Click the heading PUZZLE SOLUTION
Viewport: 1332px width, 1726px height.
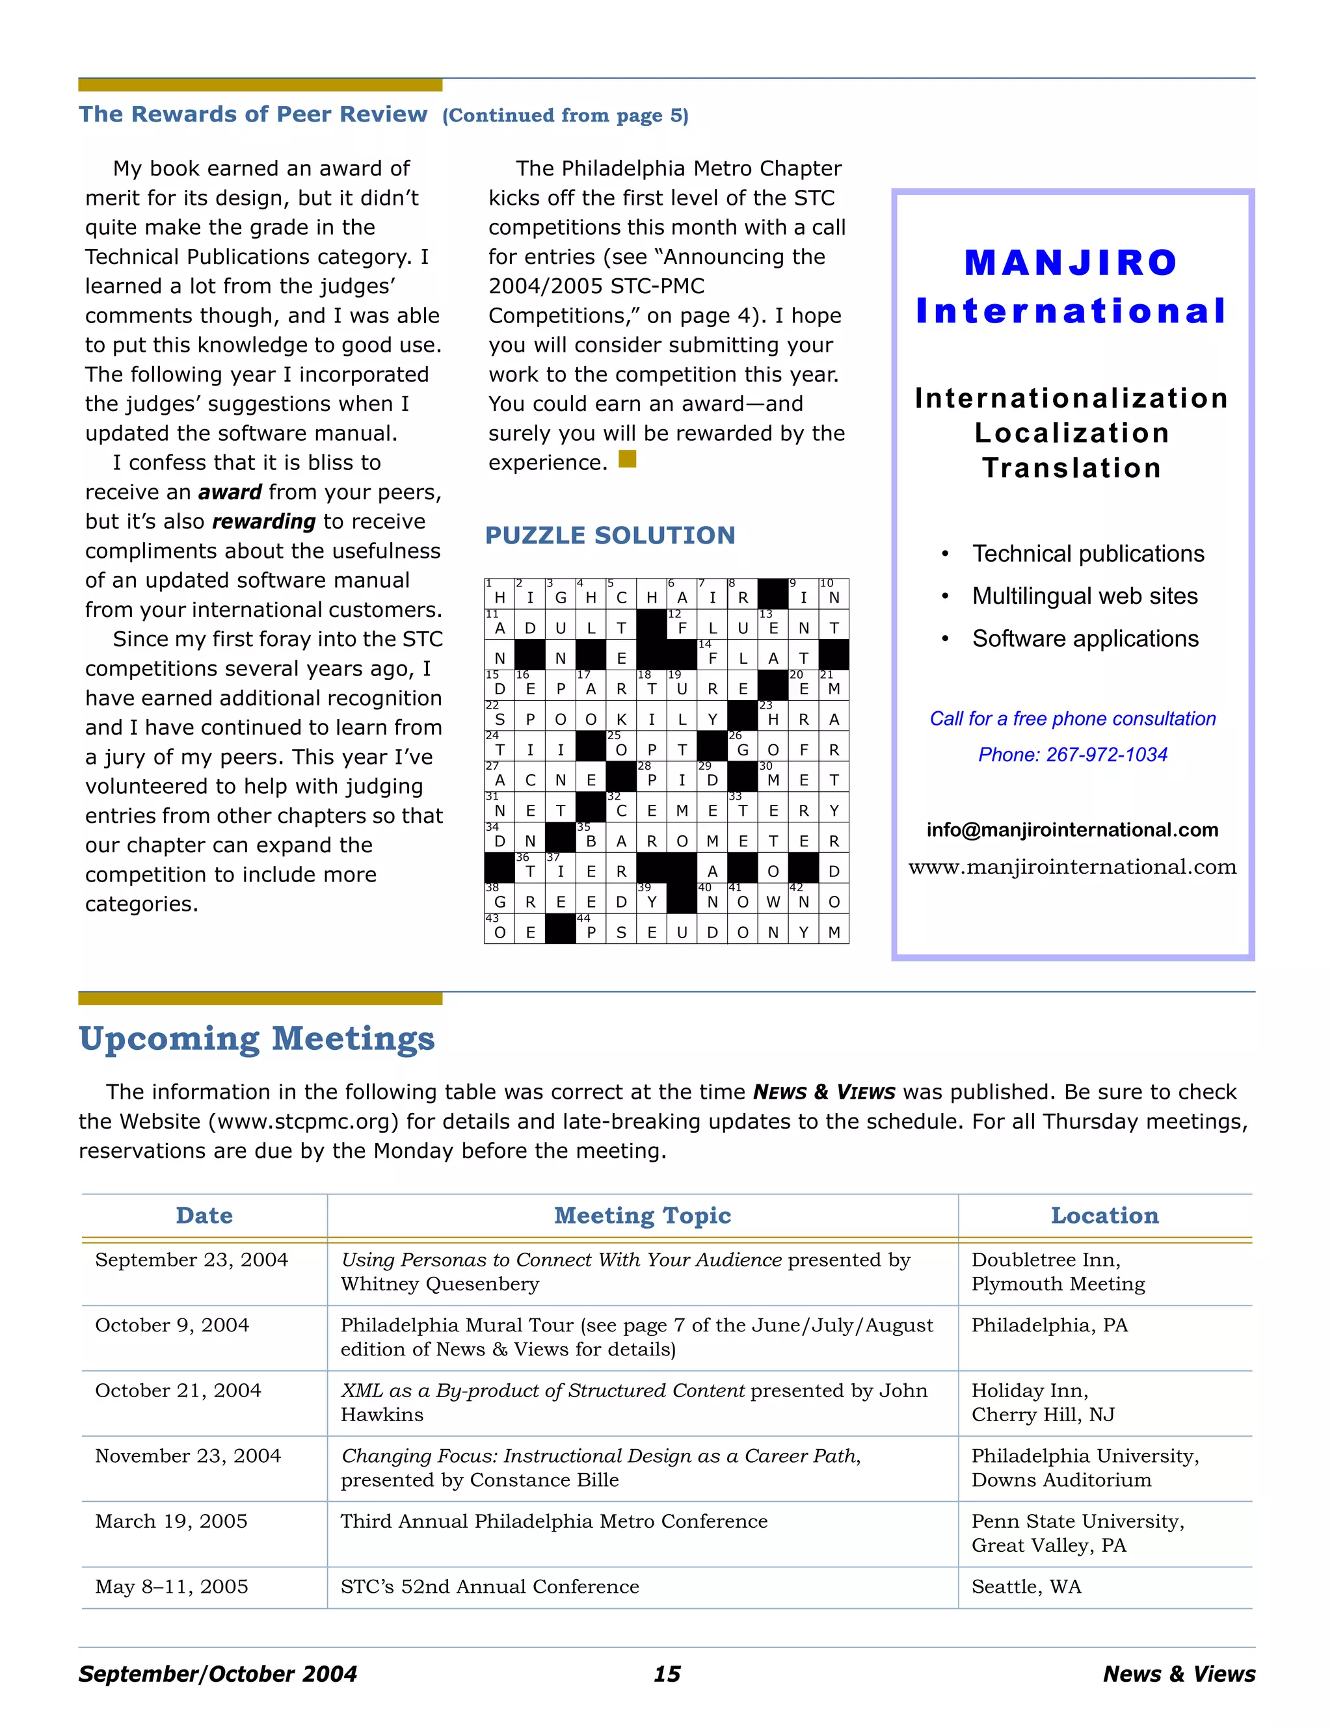(x=609, y=535)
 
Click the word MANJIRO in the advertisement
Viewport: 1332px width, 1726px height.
(x=1071, y=263)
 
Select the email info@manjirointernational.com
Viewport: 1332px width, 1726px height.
(x=1072, y=830)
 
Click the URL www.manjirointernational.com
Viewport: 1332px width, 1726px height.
(x=1072, y=867)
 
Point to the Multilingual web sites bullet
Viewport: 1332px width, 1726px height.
(x=1085, y=596)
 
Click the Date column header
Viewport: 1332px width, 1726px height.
(x=204, y=1216)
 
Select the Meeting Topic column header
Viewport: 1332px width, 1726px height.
(x=642, y=1216)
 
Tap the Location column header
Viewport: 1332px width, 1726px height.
(x=1104, y=1216)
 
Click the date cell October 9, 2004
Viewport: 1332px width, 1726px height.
(x=172, y=1326)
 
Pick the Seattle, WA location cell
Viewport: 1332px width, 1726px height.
(x=1026, y=1587)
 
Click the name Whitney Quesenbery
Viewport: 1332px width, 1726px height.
(x=440, y=1284)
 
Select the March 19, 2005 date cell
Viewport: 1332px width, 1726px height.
(x=172, y=1521)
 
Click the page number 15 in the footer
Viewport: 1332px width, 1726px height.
(x=667, y=1674)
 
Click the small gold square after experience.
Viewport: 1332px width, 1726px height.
(x=627, y=459)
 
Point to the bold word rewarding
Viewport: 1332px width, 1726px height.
(x=264, y=521)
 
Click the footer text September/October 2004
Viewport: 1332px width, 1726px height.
(x=217, y=1674)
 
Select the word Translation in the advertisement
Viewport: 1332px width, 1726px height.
(x=1072, y=468)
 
